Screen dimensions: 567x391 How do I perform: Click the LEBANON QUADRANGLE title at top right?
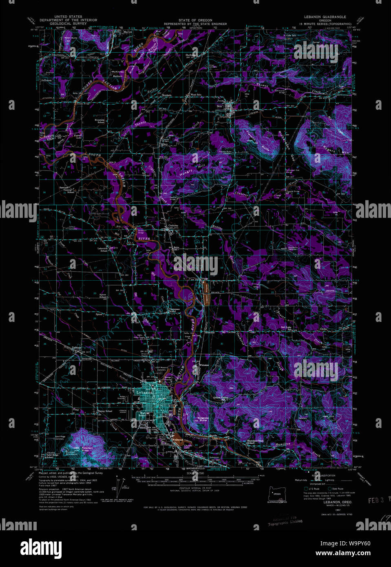(325, 17)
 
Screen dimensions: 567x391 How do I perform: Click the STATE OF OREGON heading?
(195, 20)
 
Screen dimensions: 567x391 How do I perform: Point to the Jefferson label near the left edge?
(46, 80)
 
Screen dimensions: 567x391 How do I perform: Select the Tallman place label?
(76, 348)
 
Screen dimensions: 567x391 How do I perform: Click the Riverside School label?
(100, 121)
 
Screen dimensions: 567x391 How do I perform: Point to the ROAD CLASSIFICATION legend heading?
(323, 476)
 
